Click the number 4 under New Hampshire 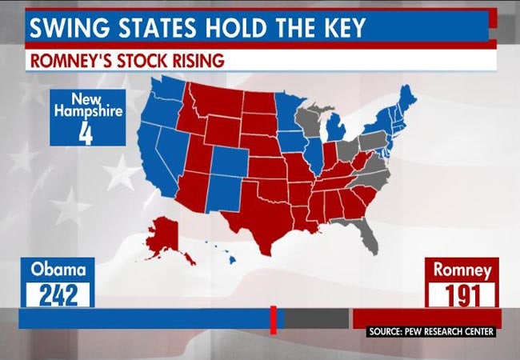point(86,131)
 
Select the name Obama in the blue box point(58,270)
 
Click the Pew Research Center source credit point(431,331)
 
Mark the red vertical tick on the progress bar point(273,319)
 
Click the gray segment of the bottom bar point(316,319)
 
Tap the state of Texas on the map point(260,212)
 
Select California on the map point(154,164)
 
